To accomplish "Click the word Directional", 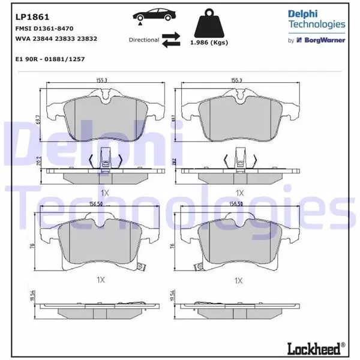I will point(143,40).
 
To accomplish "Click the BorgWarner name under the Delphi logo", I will point(326,41).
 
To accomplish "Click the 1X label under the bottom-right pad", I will point(239,280).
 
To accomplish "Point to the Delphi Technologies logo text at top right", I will point(316,19).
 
